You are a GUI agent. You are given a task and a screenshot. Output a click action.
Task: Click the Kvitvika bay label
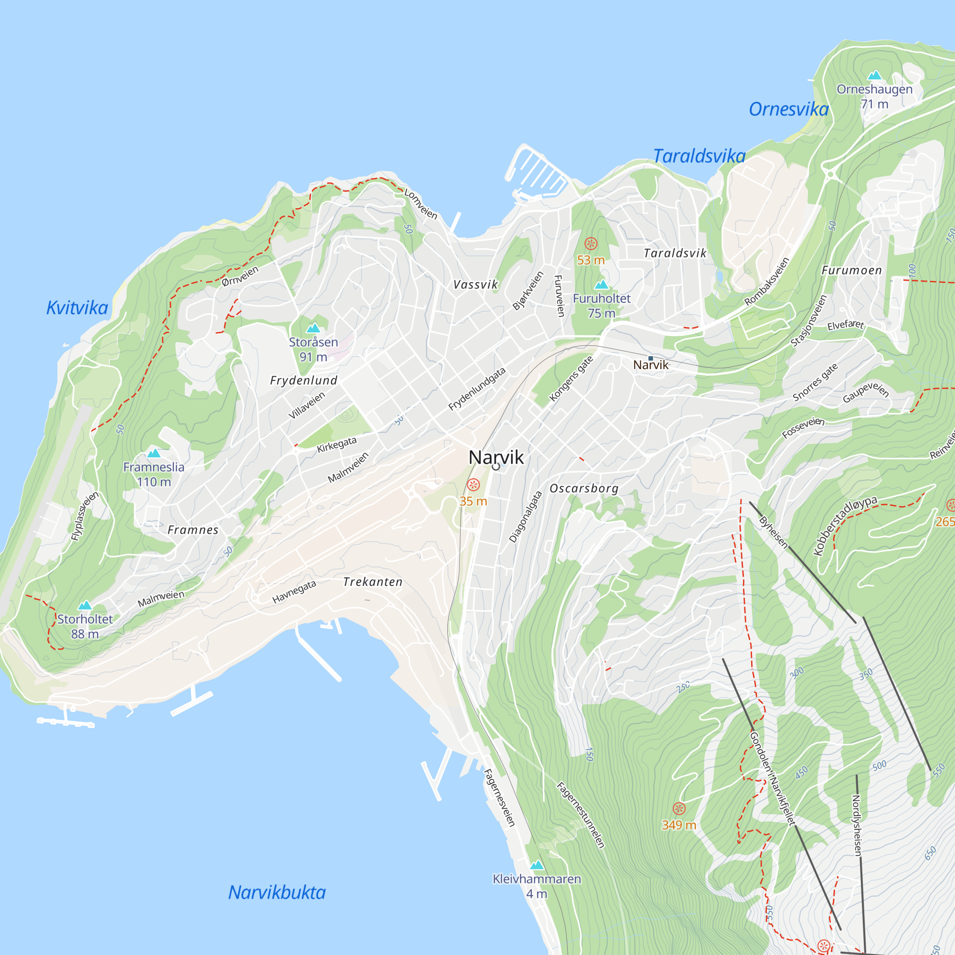tap(77, 308)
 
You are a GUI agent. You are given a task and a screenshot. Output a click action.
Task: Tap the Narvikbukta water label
tap(277, 892)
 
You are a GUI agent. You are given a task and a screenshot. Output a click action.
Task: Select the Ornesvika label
tap(788, 109)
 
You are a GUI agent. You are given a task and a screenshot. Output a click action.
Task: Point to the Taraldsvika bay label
tap(699, 156)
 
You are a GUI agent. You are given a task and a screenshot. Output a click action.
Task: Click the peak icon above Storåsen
tap(313, 328)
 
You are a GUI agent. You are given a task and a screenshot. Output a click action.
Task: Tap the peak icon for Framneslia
tap(154, 453)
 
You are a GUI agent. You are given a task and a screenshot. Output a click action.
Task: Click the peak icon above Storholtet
tap(85, 605)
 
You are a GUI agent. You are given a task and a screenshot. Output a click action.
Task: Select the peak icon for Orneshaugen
tap(874, 75)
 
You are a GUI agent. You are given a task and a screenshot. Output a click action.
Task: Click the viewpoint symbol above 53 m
tap(591, 243)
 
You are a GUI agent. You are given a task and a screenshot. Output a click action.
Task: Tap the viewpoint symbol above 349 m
tap(679, 809)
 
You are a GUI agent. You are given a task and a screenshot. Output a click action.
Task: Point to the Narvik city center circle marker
tap(496, 467)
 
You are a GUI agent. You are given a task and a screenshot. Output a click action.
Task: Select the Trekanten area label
tap(373, 582)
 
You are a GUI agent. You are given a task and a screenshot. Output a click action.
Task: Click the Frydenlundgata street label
tap(477, 389)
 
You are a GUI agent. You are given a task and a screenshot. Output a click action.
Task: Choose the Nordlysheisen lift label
tap(857, 825)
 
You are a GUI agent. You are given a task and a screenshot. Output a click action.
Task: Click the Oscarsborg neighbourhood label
tap(584, 489)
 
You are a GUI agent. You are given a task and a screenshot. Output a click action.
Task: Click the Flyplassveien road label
tap(85, 516)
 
